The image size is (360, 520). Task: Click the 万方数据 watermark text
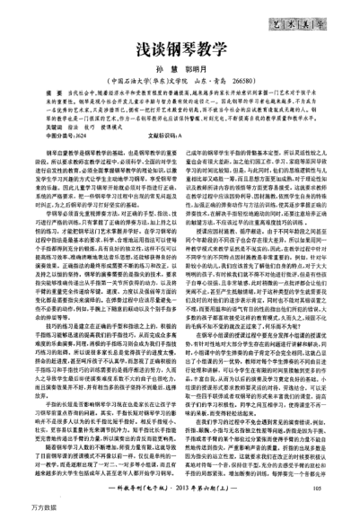[x=15, y=511]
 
